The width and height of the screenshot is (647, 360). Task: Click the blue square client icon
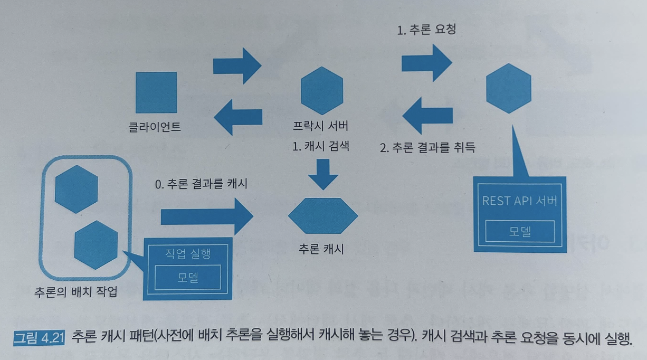coord(156,92)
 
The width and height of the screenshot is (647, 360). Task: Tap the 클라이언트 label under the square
coord(155,127)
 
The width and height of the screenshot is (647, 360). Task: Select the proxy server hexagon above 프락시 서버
coord(321,88)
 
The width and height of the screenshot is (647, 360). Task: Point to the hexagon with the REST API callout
coord(508,88)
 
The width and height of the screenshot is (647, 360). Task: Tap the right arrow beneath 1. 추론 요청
coord(426,62)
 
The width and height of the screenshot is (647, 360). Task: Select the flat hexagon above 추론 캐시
coord(323,216)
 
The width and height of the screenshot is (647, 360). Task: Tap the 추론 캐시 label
coord(321,249)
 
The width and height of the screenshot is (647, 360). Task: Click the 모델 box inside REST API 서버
coord(520,231)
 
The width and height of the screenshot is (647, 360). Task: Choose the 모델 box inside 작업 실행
coord(188,277)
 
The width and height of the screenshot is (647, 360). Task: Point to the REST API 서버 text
coord(519,201)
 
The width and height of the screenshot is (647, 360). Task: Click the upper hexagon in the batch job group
coord(77,189)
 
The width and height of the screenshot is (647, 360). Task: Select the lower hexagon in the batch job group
coord(96,244)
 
